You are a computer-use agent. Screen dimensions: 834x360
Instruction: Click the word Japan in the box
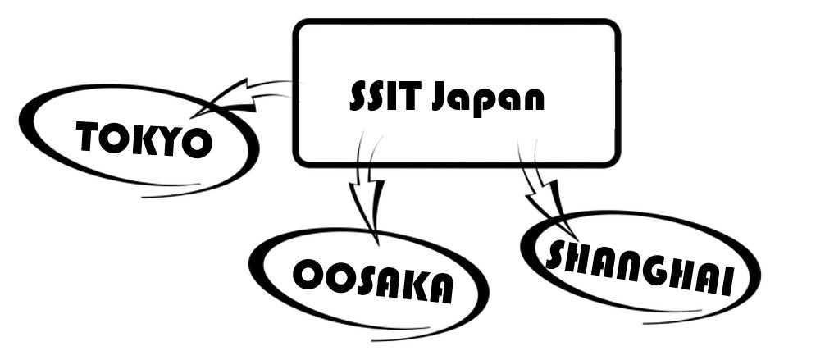[488, 99]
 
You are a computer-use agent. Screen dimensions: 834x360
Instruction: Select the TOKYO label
[144, 139]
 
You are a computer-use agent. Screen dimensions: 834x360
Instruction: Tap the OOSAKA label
[372, 280]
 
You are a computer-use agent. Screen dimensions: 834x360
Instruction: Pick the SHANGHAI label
[640, 268]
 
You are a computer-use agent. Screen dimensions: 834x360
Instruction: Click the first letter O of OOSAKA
[307, 275]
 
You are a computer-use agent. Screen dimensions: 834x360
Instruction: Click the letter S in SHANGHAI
[557, 255]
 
